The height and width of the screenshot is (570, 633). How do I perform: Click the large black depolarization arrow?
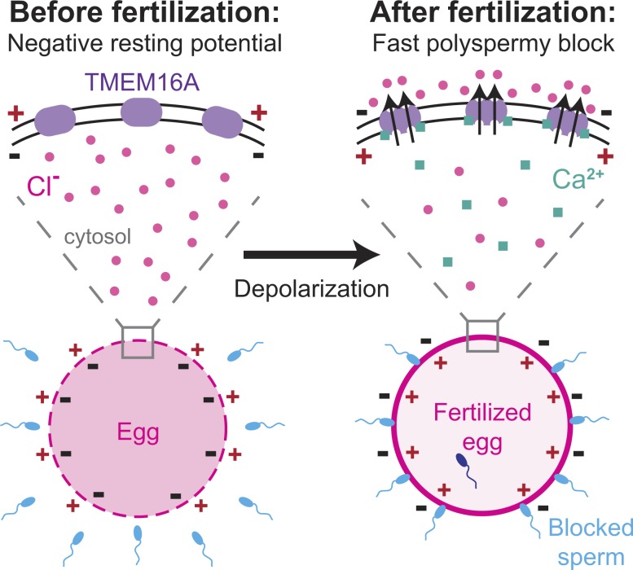coord(311,256)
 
